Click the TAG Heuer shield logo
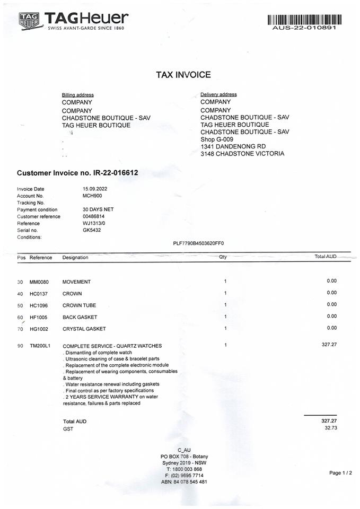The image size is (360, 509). [x=30, y=21]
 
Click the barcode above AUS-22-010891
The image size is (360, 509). [x=304, y=20]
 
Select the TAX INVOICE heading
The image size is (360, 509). [x=183, y=75]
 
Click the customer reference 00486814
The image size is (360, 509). [x=94, y=216]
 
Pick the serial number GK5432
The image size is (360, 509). [x=92, y=230]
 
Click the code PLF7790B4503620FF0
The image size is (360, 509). [x=199, y=243]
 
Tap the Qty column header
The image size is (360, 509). [x=223, y=257]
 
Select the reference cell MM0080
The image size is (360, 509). [x=39, y=282]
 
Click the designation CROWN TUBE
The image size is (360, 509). [x=79, y=305]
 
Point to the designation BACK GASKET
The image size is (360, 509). [x=80, y=317]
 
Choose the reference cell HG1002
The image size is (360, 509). [x=39, y=329]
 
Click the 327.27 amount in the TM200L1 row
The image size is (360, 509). [x=329, y=345]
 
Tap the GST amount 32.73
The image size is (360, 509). [x=330, y=428]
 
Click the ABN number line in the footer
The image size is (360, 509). [x=184, y=482]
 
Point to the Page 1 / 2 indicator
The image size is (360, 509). [x=340, y=473]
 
